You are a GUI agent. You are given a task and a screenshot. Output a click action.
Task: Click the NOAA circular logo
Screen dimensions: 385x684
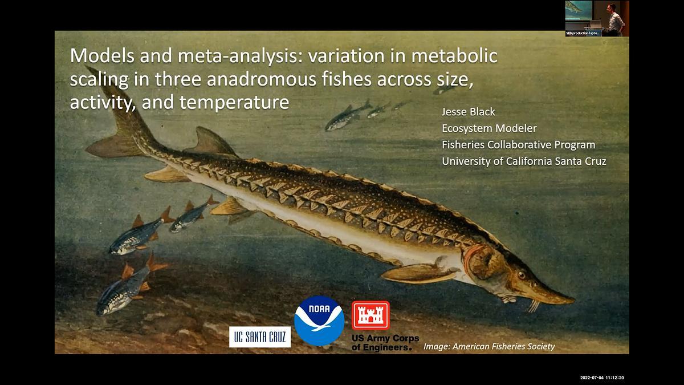[x=319, y=321]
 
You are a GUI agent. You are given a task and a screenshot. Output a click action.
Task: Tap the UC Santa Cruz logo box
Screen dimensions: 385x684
[x=260, y=337]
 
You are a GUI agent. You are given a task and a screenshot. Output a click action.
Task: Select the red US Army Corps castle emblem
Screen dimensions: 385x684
[x=370, y=315]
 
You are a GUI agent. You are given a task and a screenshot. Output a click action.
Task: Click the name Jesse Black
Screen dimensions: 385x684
[x=469, y=111]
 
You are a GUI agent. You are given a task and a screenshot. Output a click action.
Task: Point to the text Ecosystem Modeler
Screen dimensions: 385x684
[x=489, y=128]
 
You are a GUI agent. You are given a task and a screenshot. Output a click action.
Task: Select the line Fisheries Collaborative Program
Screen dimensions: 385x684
[x=518, y=145]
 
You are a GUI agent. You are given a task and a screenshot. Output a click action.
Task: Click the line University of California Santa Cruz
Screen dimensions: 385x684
[x=524, y=161]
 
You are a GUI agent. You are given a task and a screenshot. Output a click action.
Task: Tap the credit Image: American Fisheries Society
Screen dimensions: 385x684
[x=489, y=346]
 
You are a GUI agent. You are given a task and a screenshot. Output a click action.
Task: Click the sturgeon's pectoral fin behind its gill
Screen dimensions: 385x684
[x=416, y=273]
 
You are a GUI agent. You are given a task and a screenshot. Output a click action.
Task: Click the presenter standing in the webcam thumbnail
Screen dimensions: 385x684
[x=614, y=19]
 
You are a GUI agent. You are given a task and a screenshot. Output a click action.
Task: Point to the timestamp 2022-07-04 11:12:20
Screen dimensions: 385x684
[x=602, y=378]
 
